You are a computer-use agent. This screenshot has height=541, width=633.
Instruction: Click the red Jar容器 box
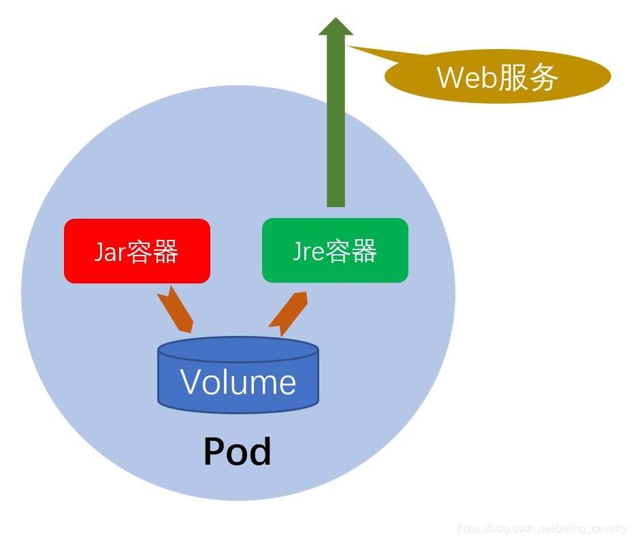coord(137,251)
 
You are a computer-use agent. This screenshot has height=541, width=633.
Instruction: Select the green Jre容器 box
coord(335,250)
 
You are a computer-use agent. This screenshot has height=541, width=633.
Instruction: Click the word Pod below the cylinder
coord(237,452)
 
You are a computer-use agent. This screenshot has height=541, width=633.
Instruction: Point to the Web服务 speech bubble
coord(498,77)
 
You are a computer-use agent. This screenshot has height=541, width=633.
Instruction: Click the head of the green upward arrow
coord(336,27)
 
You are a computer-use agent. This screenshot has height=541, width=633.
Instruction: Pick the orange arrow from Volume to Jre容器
coord(288,313)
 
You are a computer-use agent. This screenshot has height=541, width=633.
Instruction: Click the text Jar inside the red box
coord(110,251)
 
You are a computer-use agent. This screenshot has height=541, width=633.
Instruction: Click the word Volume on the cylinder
coord(238,383)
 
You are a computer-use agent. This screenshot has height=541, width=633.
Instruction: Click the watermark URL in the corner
coord(542,529)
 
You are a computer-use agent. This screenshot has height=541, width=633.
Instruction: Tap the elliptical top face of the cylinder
coord(238,350)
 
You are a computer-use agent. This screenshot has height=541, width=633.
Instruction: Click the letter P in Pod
coord(214,452)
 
